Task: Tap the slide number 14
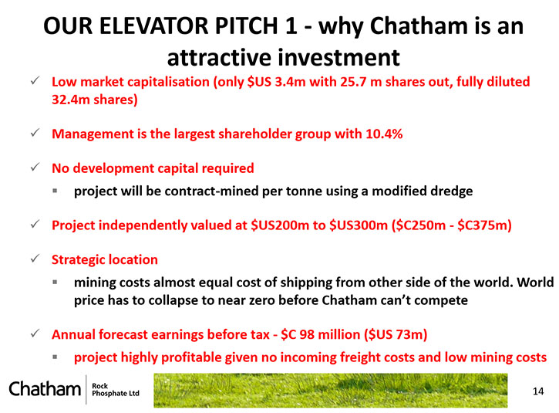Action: coord(538,391)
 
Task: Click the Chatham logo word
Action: coord(45,388)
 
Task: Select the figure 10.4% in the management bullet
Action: coord(384,134)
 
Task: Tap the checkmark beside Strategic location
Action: coord(35,259)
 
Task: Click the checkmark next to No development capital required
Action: coord(35,167)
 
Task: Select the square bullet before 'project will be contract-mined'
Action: coord(55,191)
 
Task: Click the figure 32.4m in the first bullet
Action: coord(71,100)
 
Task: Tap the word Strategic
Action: coord(78,260)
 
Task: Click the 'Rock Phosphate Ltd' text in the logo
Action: coord(116,390)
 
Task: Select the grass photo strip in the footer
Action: coord(331,390)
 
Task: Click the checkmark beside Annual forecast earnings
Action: coord(35,333)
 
